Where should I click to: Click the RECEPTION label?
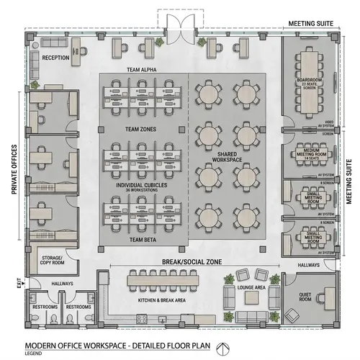click(55, 57)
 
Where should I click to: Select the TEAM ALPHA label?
click(142, 69)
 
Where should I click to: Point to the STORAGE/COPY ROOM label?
click(53, 261)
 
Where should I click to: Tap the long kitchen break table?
click(166, 277)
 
